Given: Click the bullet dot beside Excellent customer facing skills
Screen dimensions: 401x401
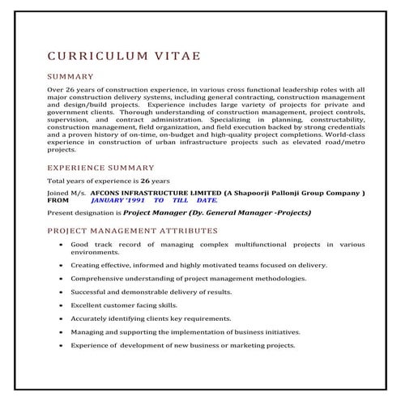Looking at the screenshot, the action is coord(61,305).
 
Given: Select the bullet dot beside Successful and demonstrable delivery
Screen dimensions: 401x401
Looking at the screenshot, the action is coord(61,292).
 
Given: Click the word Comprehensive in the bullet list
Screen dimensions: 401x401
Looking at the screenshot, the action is coord(100,278).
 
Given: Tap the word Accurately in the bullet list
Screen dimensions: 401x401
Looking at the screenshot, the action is coord(91,318).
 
